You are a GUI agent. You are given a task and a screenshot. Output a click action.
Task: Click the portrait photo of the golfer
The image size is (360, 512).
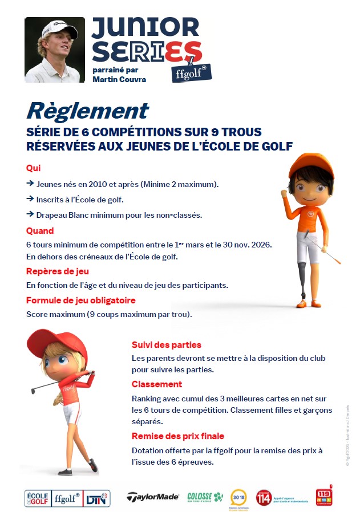point(55,50)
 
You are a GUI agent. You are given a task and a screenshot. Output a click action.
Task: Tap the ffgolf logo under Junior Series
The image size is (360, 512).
point(191,72)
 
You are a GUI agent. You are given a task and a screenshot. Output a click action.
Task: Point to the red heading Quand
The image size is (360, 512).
point(40,231)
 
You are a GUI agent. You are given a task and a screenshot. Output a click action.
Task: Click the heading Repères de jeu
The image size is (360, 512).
point(58,271)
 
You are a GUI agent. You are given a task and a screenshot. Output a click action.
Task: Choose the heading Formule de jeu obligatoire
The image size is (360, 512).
point(81,300)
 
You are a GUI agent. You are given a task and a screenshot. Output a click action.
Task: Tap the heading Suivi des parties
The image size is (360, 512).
point(166,345)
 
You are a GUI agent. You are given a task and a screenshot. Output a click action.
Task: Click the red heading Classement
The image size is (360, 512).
point(157,384)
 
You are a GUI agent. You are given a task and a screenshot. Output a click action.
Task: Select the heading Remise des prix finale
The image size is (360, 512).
point(178,436)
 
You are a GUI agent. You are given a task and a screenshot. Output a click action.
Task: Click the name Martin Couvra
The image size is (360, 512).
point(119,79)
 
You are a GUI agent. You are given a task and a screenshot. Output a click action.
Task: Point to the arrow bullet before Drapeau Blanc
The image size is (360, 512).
point(30,215)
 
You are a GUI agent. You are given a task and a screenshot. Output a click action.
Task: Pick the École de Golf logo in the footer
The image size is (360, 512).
point(38,497)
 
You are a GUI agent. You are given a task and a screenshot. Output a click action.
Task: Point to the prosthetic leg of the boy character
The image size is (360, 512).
point(303,279)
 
